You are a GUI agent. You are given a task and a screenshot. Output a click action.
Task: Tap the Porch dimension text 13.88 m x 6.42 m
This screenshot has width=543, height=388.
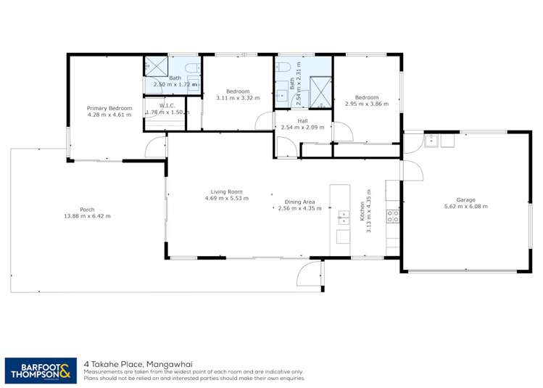(86, 215)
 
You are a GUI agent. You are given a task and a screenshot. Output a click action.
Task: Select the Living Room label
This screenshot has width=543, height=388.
(226, 191)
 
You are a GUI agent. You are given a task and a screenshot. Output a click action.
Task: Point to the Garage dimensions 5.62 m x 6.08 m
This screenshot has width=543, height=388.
(465, 206)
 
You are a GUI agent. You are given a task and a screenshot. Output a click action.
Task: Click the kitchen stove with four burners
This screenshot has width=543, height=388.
(392, 215)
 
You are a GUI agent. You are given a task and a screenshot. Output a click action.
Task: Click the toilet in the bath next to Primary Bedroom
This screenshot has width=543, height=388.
(191, 68)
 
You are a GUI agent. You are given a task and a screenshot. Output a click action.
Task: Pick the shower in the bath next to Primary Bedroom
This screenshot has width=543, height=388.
(154, 65)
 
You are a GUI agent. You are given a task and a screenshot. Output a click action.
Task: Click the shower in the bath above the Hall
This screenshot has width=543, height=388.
(320, 91)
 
